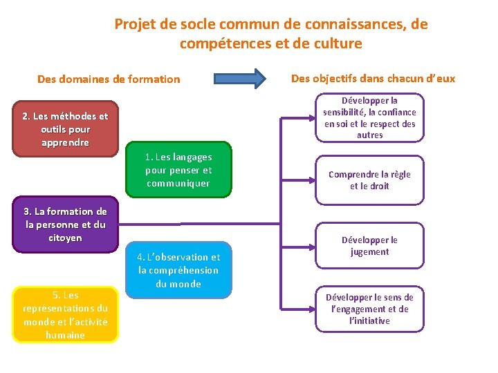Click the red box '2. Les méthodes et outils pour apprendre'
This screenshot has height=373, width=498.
(x=65, y=130)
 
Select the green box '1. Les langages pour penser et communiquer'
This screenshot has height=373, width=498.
(x=178, y=170)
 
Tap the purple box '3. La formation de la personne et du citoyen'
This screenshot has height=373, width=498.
(x=65, y=224)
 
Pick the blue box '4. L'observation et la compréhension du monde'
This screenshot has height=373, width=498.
(x=178, y=270)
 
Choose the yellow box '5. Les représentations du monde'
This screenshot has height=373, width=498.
(x=65, y=314)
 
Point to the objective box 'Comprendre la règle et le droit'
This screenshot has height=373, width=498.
(x=369, y=180)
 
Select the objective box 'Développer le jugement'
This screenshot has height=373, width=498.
(x=369, y=246)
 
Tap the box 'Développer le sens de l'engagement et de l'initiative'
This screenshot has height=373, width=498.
(x=369, y=309)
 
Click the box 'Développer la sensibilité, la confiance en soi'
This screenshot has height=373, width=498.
(x=369, y=117)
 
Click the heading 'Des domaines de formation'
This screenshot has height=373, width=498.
(x=109, y=79)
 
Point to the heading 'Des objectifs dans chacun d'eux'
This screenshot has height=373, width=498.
(x=373, y=78)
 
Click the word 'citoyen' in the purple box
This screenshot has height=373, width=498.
(x=65, y=238)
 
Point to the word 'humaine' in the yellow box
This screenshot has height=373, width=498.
(x=65, y=335)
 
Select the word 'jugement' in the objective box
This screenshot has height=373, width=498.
(x=369, y=252)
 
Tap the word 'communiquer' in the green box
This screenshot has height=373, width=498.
(x=178, y=183)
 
